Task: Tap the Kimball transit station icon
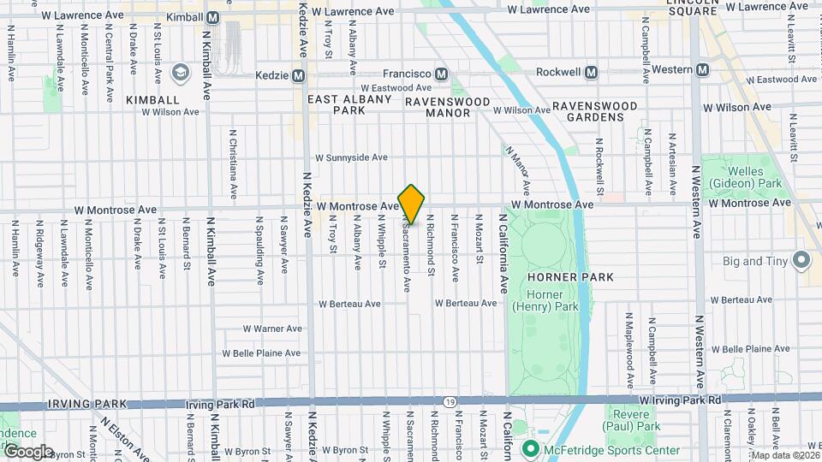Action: click(214, 17)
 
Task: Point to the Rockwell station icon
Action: click(591, 73)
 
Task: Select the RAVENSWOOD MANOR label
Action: click(448, 107)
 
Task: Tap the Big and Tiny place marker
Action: click(802, 258)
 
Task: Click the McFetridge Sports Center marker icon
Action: click(530, 449)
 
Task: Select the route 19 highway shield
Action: click(450, 401)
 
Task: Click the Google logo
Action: click(27, 451)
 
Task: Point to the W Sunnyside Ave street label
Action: click(351, 157)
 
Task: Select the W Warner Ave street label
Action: click(272, 328)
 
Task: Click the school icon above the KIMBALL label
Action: click(180, 73)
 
